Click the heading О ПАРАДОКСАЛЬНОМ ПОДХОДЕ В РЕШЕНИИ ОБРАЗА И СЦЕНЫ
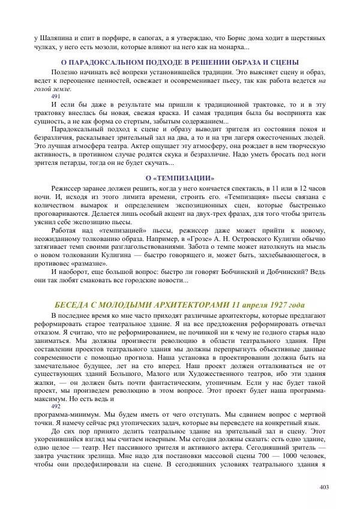click(x=180, y=62)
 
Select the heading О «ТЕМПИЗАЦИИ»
click(x=180, y=178)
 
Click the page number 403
click(x=325, y=486)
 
